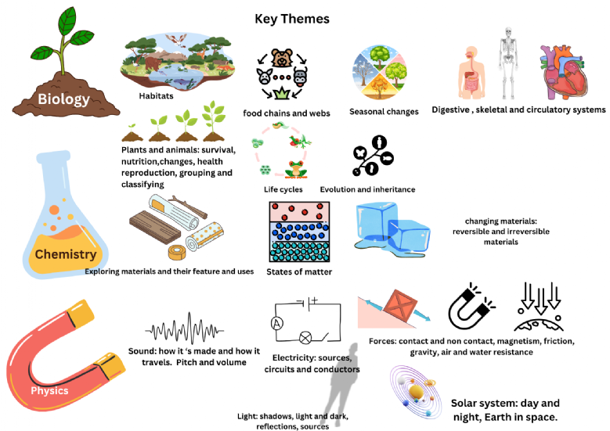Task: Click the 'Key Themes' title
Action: [292, 19]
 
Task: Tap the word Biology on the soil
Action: [63, 99]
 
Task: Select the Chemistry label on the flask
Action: [66, 254]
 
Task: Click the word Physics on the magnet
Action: [49, 390]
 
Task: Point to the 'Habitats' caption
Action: [156, 95]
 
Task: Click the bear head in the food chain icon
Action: [282, 58]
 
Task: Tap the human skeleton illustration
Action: [507, 63]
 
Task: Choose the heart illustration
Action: [563, 71]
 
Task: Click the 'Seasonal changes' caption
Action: [384, 112]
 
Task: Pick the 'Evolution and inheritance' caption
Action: [367, 189]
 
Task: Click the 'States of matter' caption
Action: [299, 271]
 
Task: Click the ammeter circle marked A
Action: [277, 323]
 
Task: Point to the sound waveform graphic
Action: [184, 331]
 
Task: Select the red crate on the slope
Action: [400, 306]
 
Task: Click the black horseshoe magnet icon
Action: [471, 307]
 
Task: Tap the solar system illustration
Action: [416, 392]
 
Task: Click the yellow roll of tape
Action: [178, 252]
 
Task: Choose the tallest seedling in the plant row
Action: [214, 121]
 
